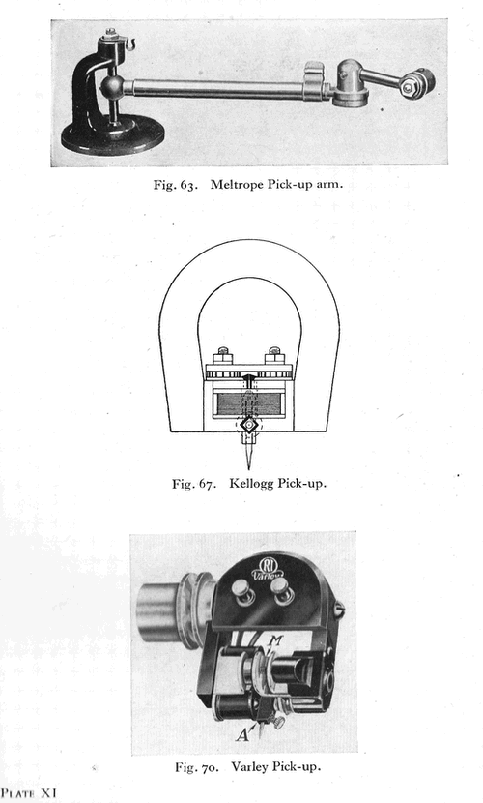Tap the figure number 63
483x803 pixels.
click(x=188, y=185)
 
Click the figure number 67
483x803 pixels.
click(x=206, y=484)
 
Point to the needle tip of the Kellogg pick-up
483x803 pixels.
click(x=249, y=468)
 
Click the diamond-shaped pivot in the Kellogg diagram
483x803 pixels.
click(x=249, y=425)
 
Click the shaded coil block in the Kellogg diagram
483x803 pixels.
click(x=248, y=403)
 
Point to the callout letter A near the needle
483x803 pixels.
click(x=243, y=735)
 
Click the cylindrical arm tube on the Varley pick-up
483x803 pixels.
click(x=159, y=612)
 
